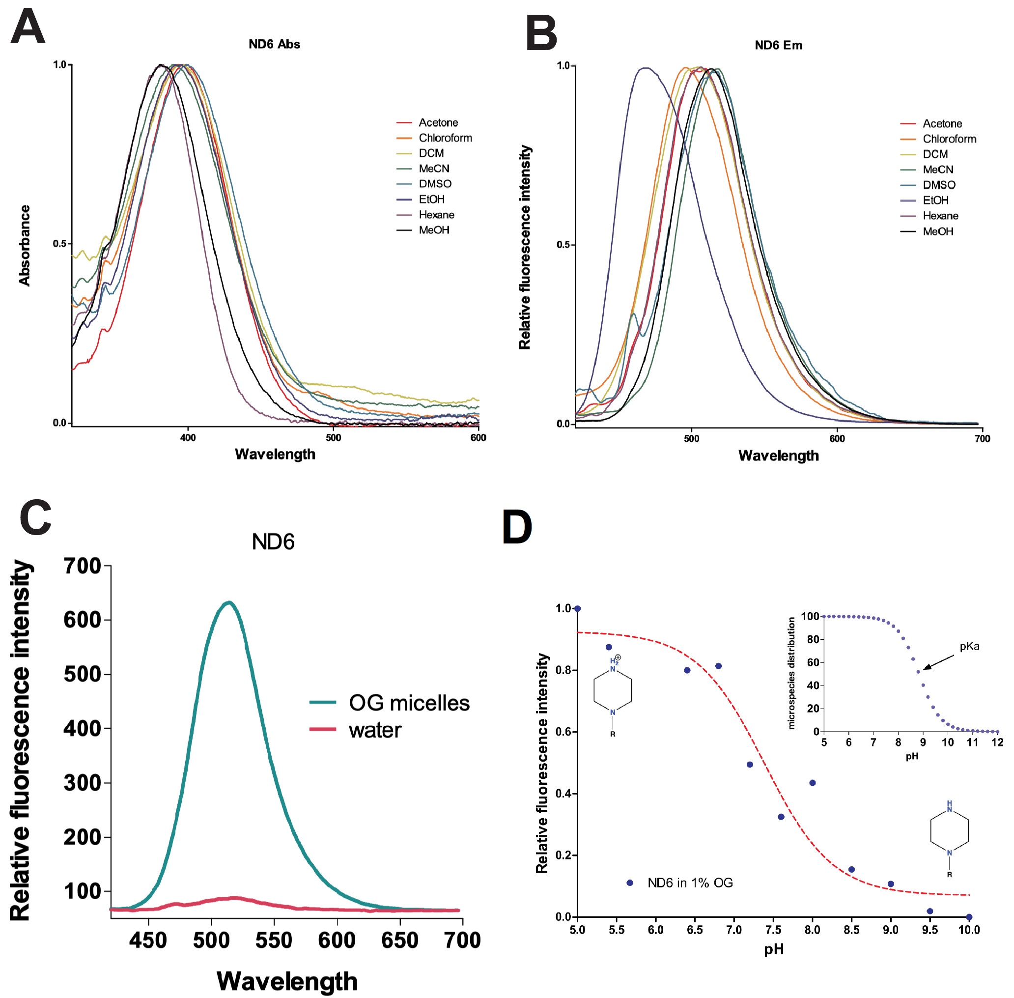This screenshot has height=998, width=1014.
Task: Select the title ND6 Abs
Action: click(x=274, y=44)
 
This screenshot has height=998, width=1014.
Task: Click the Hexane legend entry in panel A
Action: click(x=436, y=215)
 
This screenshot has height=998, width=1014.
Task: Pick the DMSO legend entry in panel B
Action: click(x=938, y=185)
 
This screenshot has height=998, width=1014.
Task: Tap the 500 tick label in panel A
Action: click(x=333, y=438)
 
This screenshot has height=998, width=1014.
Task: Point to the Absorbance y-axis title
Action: click(x=25, y=245)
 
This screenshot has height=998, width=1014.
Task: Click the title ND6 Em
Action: click(x=778, y=45)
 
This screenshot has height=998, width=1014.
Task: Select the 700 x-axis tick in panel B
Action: click(x=982, y=439)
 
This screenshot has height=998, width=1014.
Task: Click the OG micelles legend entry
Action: click(x=409, y=703)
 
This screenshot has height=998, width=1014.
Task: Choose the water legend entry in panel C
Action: click(x=375, y=730)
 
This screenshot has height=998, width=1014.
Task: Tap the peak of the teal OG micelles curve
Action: click(x=229, y=602)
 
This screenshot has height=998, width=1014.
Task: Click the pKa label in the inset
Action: click(x=969, y=646)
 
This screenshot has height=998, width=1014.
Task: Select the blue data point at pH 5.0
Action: click(x=577, y=608)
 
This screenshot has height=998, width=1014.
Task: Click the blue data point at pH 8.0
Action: click(x=812, y=783)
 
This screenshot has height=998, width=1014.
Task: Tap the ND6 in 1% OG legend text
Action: click(x=690, y=883)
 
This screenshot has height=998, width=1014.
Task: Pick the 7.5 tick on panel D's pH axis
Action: click(x=773, y=930)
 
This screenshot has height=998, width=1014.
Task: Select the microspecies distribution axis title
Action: click(x=791, y=673)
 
